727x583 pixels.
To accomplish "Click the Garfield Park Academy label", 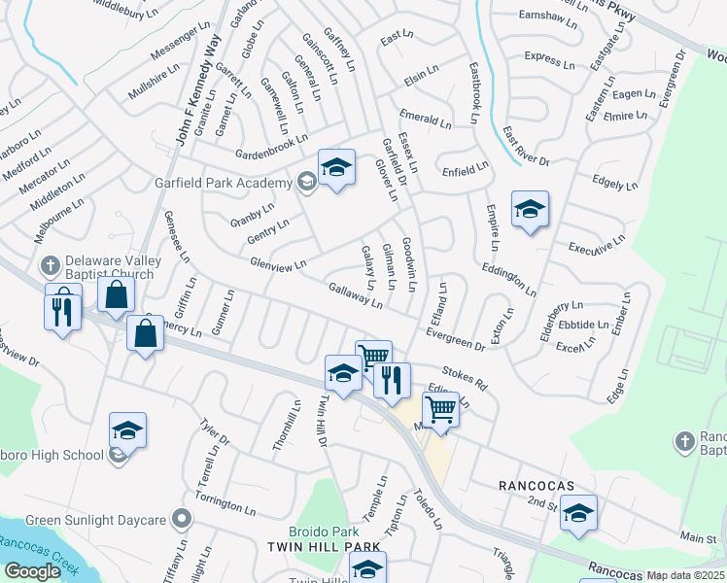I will [x=224, y=183].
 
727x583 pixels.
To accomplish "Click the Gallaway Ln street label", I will [x=355, y=294].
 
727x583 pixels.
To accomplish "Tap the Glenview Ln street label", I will [x=278, y=263].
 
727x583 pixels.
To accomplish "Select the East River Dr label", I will [x=526, y=147].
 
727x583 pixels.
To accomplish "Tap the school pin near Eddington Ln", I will [x=530, y=209].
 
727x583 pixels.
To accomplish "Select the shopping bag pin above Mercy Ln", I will [x=116, y=295].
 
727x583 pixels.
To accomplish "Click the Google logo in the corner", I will [x=31, y=571].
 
